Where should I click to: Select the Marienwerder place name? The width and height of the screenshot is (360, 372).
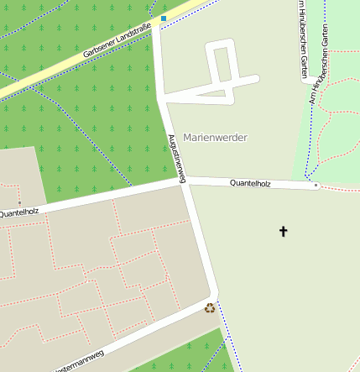pyautogui.click(x=215, y=137)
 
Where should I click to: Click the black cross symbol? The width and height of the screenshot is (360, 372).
pyautogui.click(x=283, y=230)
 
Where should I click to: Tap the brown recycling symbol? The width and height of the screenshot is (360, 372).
pyautogui.click(x=209, y=308)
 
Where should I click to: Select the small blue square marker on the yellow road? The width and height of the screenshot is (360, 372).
pyautogui.click(x=164, y=18)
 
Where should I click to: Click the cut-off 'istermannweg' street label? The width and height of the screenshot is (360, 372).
pyautogui.click(x=79, y=362)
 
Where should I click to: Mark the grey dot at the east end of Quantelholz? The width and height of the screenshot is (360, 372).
pyautogui.click(x=316, y=186)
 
